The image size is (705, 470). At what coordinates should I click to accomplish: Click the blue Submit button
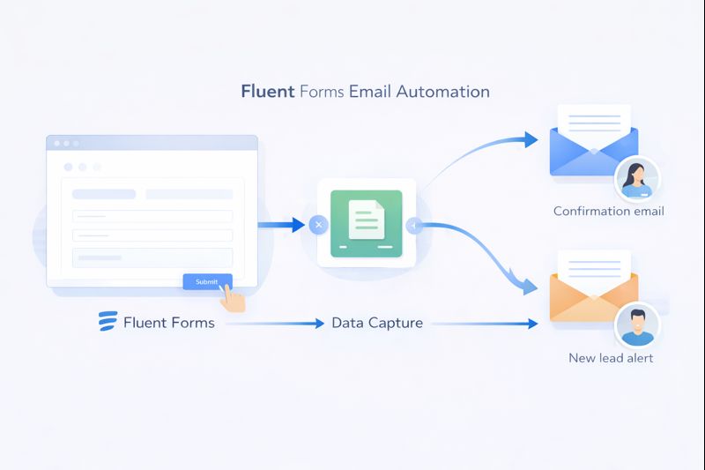pyautogui.click(x=207, y=281)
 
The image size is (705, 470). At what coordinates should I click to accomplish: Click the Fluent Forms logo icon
pyautogui.click(x=108, y=322)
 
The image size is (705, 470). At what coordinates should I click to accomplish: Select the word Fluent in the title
pyautogui.click(x=268, y=92)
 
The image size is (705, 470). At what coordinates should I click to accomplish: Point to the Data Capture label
pyautogui.click(x=377, y=323)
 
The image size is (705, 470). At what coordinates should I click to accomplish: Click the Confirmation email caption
pyautogui.click(x=608, y=212)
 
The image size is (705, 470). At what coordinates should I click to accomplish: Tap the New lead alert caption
pyautogui.click(x=611, y=358)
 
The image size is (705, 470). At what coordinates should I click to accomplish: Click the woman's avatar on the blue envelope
pyautogui.click(x=636, y=180)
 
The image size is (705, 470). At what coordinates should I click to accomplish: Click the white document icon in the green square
pyautogui.click(x=366, y=219)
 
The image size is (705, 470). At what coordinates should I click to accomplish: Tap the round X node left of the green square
pyautogui.click(x=318, y=226)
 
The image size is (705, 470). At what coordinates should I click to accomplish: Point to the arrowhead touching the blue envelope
pyautogui.click(x=530, y=139)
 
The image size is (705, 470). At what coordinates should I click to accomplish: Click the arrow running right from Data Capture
pyautogui.click(x=485, y=324)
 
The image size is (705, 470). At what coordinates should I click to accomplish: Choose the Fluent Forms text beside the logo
pyautogui.click(x=168, y=323)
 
